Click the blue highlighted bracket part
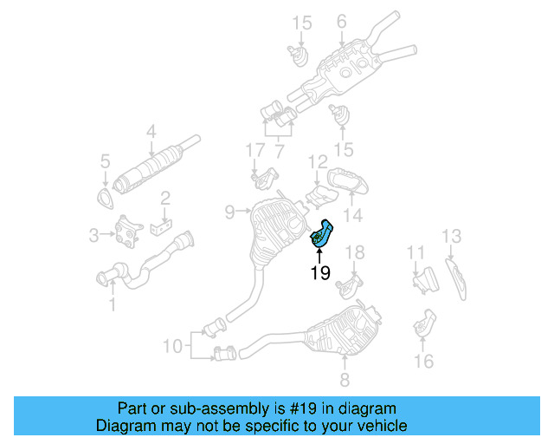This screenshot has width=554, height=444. pyautogui.click(x=323, y=235)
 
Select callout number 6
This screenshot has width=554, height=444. pyautogui.click(x=341, y=21)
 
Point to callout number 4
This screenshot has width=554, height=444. pyautogui.click(x=151, y=133)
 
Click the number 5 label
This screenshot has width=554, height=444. pyautogui.click(x=105, y=160)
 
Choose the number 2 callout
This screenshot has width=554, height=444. pyautogui.click(x=164, y=199)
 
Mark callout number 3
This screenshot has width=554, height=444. pyautogui.click(x=94, y=233)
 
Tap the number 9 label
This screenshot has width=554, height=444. pyautogui.click(x=229, y=211)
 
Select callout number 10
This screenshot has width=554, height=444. pyautogui.click(x=172, y=347)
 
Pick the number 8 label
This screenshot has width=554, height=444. pyautogui.click(x=344, y=380)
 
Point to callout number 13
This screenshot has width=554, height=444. pyautogui.click(x=452, y=236)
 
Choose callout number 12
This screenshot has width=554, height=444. pyautogui.click(x=318, y=161)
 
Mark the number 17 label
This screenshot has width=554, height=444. pyautogui.click(x=253, y=151)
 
